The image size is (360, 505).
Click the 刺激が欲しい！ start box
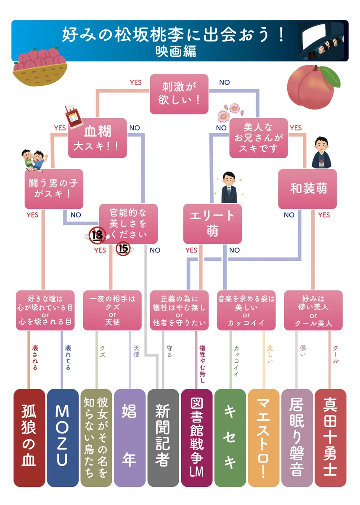click(179, 94)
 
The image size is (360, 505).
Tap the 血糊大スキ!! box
click(98, 138)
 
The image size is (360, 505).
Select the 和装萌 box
click(307, 189)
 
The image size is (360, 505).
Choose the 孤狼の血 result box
click(29, 438)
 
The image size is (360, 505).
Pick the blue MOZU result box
click(62, 438)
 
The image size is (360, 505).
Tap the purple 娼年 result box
click(130, 438)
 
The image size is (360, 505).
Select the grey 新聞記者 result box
click(163, 438)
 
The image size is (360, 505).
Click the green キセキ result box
click(230, 438)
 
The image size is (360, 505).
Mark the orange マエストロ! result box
click(263, 438)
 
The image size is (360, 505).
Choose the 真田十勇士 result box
click(330, 438)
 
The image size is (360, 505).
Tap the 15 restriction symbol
click(123, 249)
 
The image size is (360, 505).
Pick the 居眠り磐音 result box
click(297, 438)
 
